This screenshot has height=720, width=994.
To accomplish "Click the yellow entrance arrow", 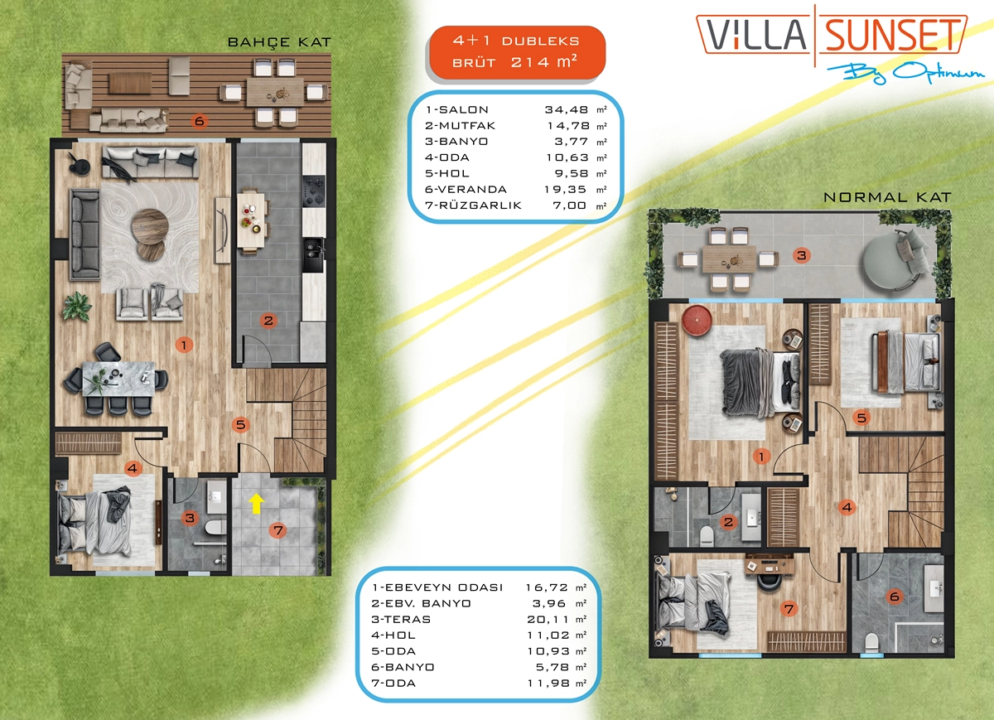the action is click(x=257, y=505).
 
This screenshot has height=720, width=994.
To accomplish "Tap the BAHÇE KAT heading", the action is click(x=280, y=42).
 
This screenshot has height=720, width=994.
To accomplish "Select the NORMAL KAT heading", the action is click(x=887, y=197).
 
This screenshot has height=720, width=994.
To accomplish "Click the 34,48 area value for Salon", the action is click(x=567, y=109).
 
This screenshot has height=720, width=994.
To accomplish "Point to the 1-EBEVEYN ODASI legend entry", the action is click(x=437, y=587).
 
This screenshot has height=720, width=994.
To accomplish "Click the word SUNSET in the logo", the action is click(x=893, y=35).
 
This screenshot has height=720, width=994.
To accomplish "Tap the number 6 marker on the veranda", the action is click(x=200, y=121).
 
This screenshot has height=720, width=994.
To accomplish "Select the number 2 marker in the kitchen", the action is click(x=268, y=321).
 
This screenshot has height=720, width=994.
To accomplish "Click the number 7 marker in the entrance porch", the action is click(x=278, y=530).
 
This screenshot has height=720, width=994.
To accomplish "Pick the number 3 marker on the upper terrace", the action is click(x=802, y=255).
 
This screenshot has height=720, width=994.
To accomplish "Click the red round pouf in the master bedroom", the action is click(x=697, y=320).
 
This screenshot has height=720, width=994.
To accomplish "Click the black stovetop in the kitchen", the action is click(x=314, y=191).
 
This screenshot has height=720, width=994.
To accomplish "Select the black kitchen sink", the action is click(x=314, y=255).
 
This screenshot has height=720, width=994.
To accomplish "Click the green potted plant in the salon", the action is click(x=77, y=307).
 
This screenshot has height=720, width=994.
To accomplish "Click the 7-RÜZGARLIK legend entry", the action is click(x=474, y=205).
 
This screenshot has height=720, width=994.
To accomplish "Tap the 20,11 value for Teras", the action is click(x=548, y=619).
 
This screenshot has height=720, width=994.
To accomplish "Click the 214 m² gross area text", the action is click(x=544, y=61).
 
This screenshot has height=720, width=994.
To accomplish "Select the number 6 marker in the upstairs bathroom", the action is click(x=895, y=597).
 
